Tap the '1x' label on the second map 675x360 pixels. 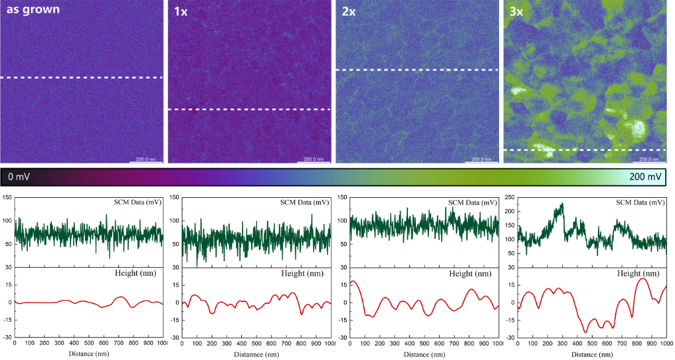pos(181,12)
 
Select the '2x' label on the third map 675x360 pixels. pos(349,12)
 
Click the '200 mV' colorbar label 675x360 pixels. pos(645,177)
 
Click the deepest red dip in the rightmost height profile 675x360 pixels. pos(585,332)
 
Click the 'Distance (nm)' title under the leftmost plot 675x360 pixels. pos(88,354)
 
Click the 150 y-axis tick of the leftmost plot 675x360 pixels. pos(6,198)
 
